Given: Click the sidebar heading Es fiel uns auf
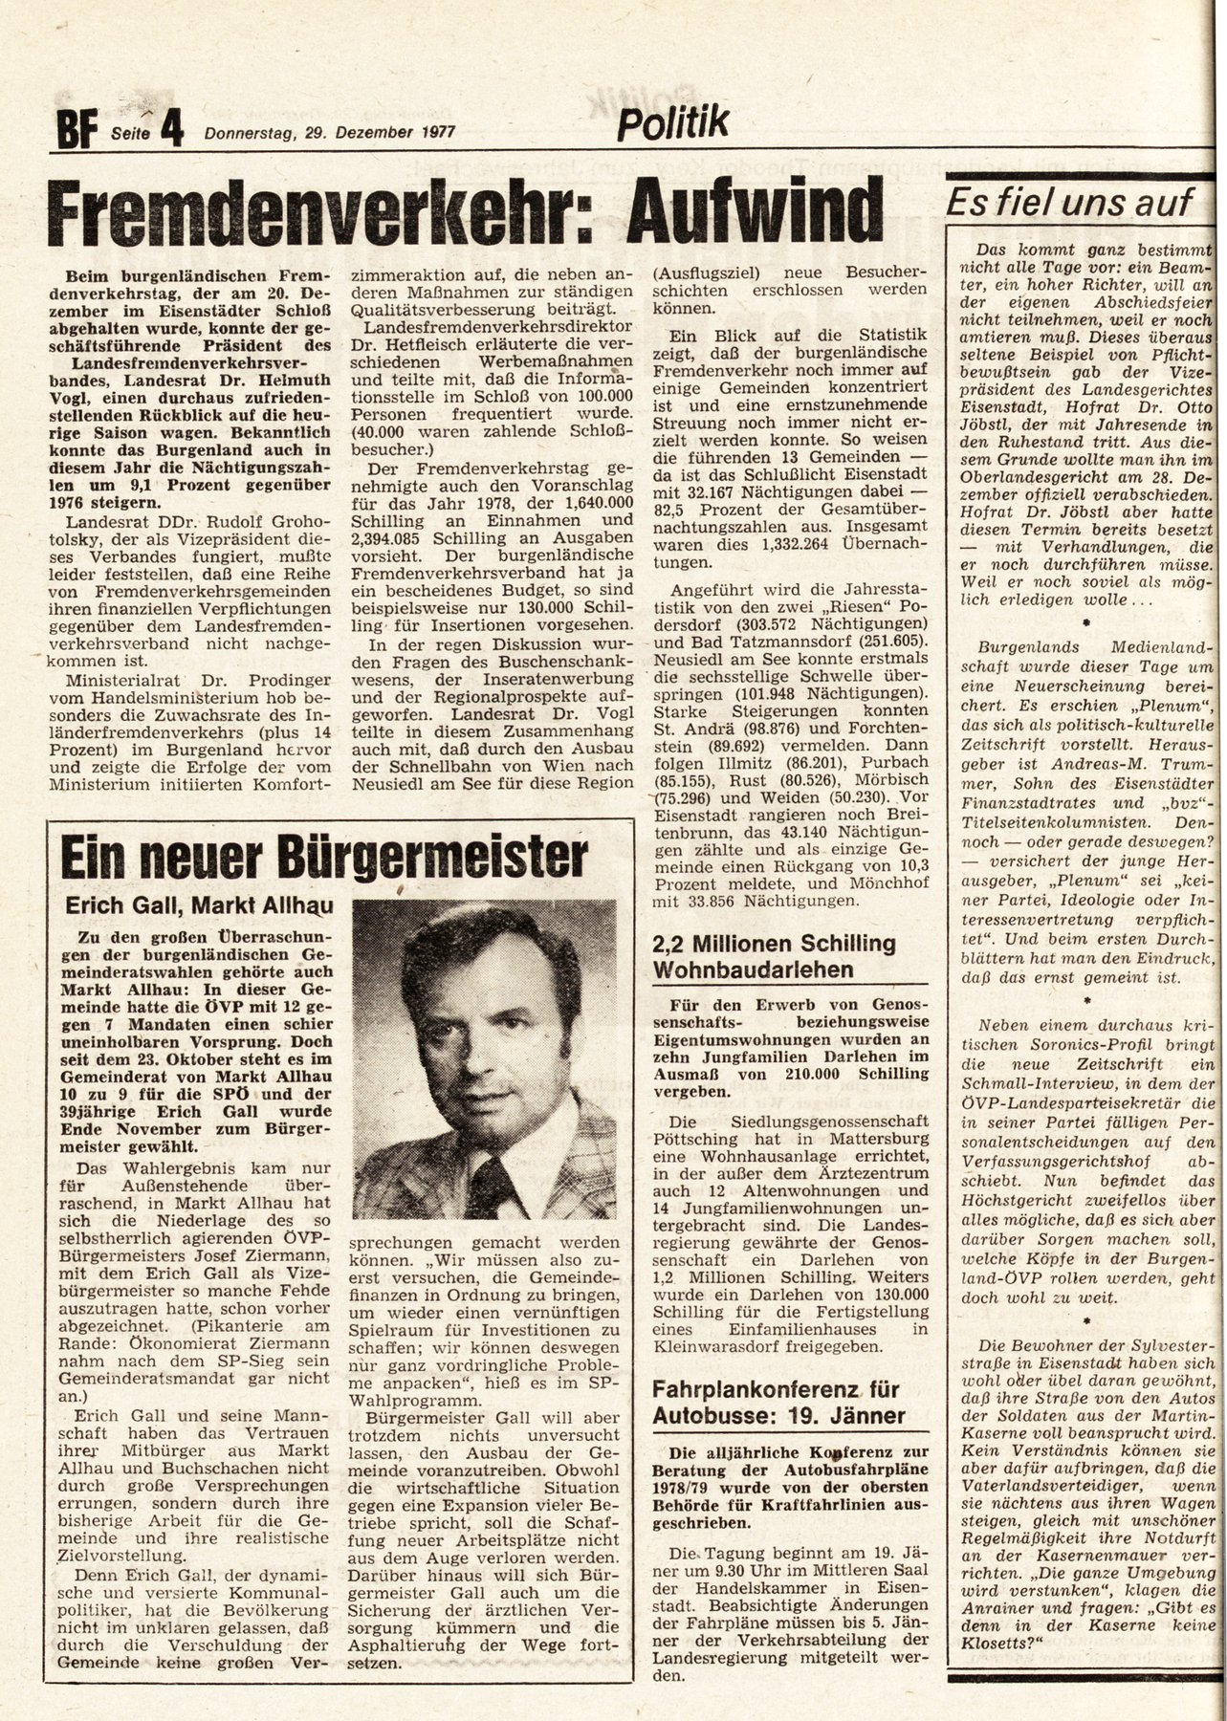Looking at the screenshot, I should click(x=1068, y=203).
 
